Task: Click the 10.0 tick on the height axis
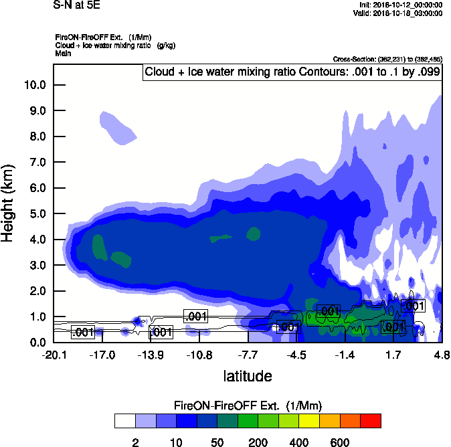coord(34,85)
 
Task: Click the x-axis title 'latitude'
coord(247,376)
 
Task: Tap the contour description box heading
coord(292,72)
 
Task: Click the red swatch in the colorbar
coord(371,420)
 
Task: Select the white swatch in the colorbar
coord(124,420)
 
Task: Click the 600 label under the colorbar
coord(340,442)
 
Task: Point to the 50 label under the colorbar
coord(217,442)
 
